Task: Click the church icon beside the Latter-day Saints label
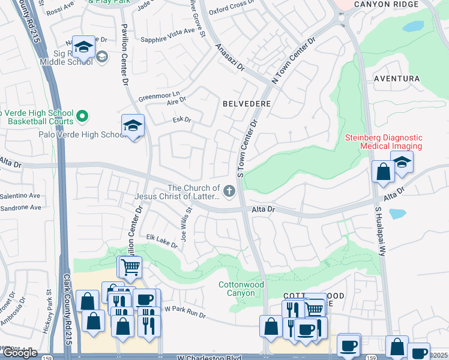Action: click(x=228, y=191)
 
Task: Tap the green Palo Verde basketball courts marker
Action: click(x=83, y=115)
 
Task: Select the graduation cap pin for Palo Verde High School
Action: click(x=133, y=126)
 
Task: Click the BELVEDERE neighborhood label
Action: click(x=247, y=104)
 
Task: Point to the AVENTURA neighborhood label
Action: click(x=396, y=79)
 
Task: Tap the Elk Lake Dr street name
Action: click(x=162, y=241)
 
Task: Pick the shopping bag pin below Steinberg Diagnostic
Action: click(x=382, y=172)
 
